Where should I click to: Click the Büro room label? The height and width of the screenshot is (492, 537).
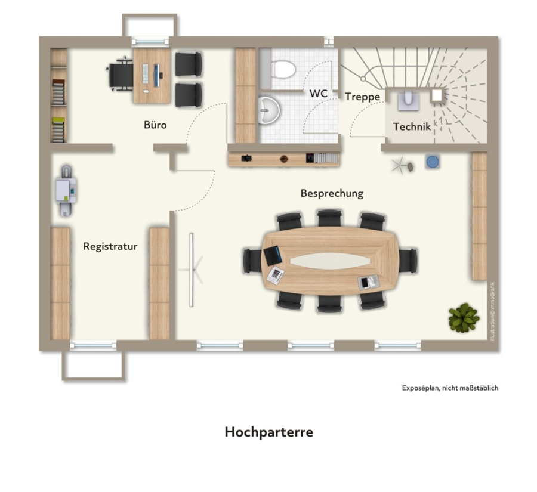pos(155,125)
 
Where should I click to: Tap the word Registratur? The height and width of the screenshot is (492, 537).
pos(110,246)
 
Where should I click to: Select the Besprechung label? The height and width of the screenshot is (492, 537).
pos(332,193)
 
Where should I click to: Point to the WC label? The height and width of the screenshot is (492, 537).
pos(319,94)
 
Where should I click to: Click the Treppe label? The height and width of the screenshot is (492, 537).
pos(363,97)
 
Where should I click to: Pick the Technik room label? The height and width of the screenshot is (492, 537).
pos(412,126)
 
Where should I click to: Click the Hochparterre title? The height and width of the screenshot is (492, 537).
pos(269,432)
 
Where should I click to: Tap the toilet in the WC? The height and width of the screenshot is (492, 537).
pos(283,69)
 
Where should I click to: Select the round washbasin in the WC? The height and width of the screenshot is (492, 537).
pos(269,110)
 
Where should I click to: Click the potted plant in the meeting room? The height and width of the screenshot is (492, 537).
pos(464,317)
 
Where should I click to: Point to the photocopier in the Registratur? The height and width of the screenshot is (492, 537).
pos(66,191)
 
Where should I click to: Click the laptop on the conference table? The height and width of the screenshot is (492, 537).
pos(273,255)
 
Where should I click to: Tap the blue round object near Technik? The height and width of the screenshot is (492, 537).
pos(433,162)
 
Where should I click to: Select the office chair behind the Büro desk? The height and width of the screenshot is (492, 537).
pos(119,75)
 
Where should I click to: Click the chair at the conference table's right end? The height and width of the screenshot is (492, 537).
pos(408,261)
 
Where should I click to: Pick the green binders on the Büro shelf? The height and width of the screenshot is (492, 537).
pos(58,129)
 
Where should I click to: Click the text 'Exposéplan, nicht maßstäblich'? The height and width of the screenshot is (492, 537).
pos(450,388)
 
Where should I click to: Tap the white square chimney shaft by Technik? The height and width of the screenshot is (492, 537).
pos(437,95)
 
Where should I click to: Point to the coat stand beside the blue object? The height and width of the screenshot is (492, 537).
pos(402,166)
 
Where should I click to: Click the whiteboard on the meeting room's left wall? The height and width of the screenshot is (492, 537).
pos(191,270)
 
